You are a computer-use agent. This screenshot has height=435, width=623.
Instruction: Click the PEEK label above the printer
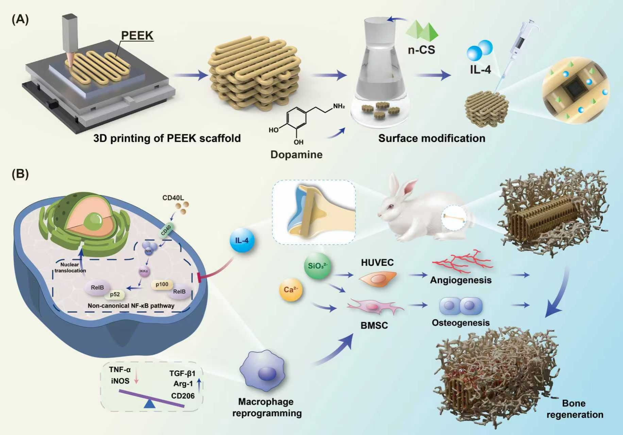click(137, 35)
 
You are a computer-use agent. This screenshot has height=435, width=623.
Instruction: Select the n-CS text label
click(421, 50)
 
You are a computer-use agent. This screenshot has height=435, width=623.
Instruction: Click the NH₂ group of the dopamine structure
click(339, 106)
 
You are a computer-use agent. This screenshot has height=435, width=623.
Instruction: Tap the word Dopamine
click(296, 155)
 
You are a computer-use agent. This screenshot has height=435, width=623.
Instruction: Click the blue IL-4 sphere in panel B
click(242, 241)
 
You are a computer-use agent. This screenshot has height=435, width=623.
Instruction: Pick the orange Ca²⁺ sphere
click(291, 290)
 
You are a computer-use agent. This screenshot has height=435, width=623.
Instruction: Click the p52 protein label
click(115, 294)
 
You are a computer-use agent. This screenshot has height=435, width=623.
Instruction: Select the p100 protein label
click(162, 284)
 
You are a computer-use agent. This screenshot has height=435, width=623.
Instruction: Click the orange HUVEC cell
click(377, 279)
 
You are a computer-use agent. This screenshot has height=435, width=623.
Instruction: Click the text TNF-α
click(120, 369)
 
